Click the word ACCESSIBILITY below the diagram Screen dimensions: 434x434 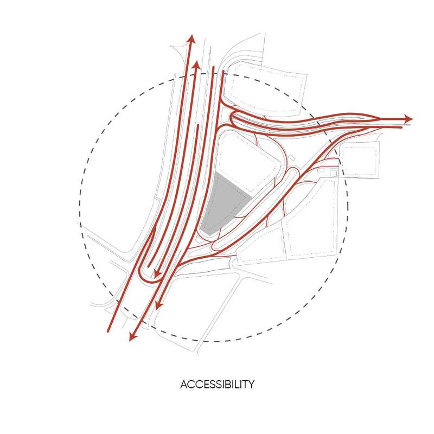pyautogui.click(x=217, y=385)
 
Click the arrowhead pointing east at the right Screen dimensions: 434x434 pyautogui.click(x=409, y=119)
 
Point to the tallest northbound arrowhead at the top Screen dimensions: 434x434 pyautogui.click(x=190, y=38)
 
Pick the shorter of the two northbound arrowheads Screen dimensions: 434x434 pyautogui.click(x=196, y=65)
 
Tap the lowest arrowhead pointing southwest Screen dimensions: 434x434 pyautogui.click(x=132, y=337)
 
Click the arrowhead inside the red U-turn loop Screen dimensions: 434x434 pyautogui.click(x=157, y=273)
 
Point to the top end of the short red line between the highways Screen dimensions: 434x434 pyautogui.click(x=199, y=126)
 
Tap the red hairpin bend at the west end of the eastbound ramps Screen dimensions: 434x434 pyautogui.click(x=232, y=118)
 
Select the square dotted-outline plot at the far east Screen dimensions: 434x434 pyautogui.click(x=359, y=159)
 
